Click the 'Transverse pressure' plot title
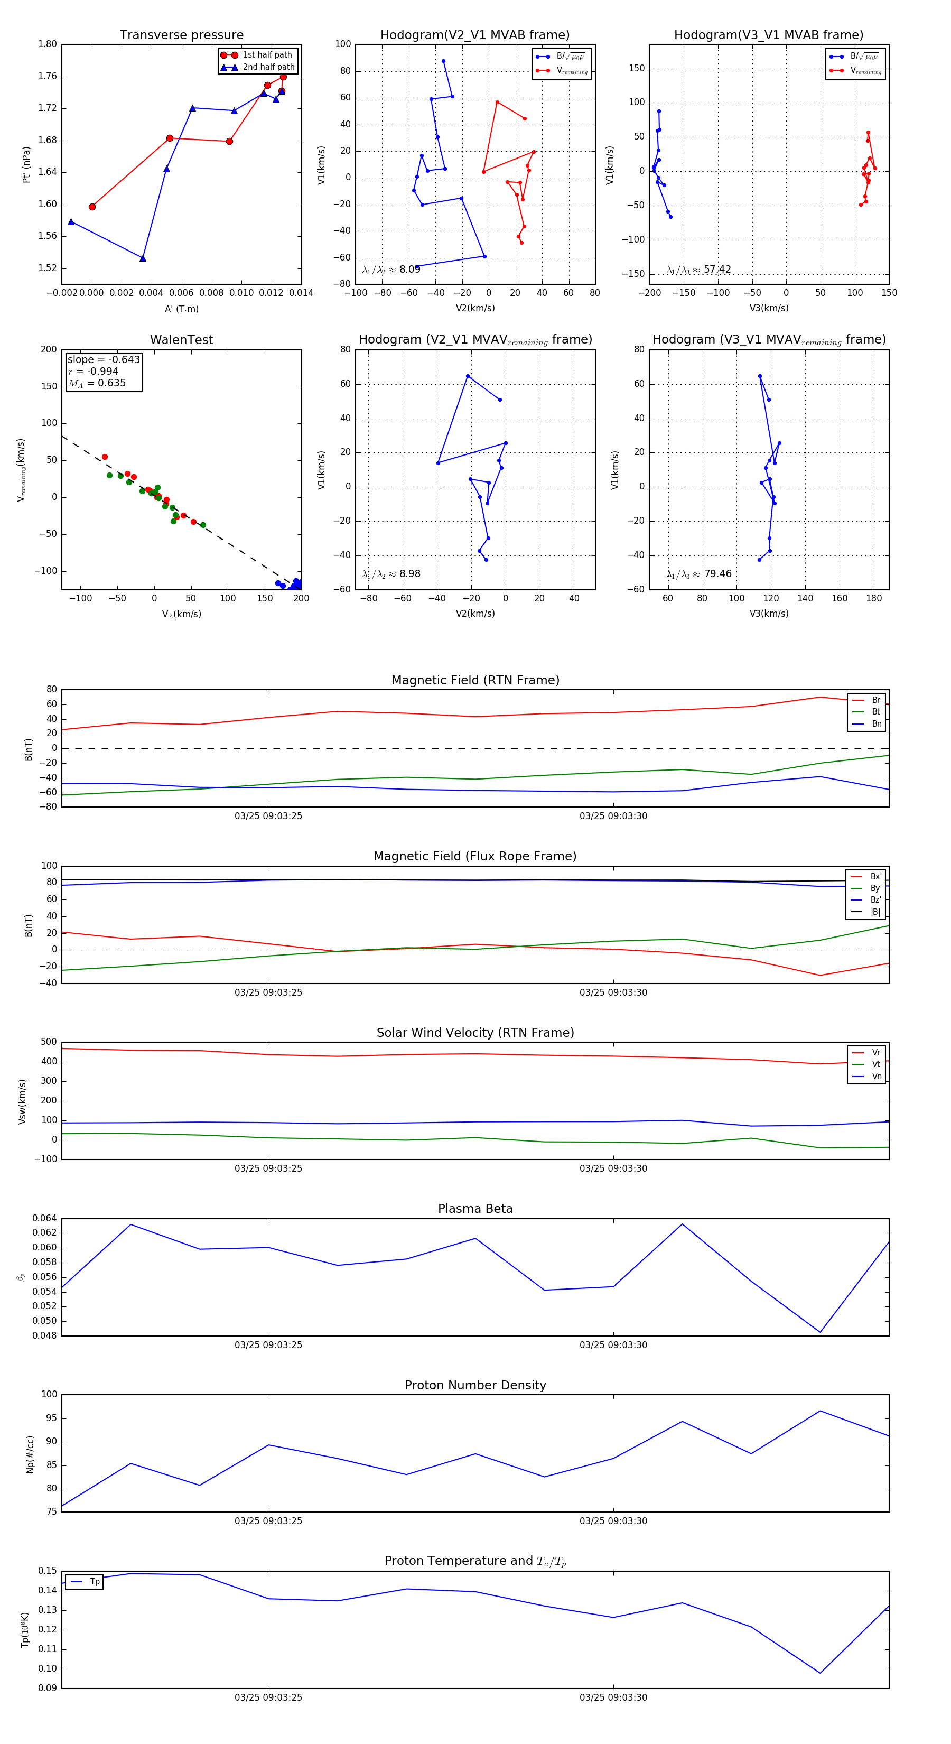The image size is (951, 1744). click(x=181, y=35)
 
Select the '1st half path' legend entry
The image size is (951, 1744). click(x=267, y=55)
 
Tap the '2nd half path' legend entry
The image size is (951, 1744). click(x=268, y=67)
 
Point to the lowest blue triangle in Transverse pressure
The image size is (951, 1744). click(x=143, y=258)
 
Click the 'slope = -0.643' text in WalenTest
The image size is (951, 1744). click(x=104, y=359)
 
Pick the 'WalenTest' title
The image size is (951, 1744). click(x=181, y=340)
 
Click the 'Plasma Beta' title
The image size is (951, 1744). click(x=475, y=1209)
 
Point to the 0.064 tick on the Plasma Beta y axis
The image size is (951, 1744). click(x=45, y=1219)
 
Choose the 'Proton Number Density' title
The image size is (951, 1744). click(x=475, y=1385)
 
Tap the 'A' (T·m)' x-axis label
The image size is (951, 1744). click(x=181, y=309)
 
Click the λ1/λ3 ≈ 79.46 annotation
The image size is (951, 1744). click(x=698, y=574)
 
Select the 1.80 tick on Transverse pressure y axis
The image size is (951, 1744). click(x=48, y=44)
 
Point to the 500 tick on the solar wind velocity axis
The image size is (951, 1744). click(x=49, y=1042)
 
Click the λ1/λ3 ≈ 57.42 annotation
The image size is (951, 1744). click(x=698, y=270)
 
